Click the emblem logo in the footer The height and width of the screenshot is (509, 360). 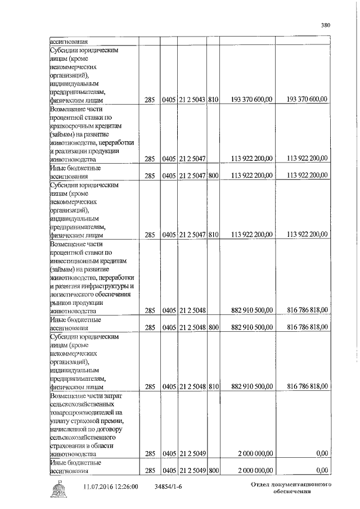click(58, 489)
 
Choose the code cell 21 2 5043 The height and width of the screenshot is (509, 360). click(192, 100)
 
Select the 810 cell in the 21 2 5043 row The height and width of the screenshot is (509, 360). click(213, 100)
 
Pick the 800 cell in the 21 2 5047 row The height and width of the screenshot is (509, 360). click(213, 175)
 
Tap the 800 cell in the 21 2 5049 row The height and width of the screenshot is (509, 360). click(213, 470)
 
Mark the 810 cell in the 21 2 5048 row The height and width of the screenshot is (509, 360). click(213, 386)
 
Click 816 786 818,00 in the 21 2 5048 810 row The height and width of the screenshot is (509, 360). click(307, 386)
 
